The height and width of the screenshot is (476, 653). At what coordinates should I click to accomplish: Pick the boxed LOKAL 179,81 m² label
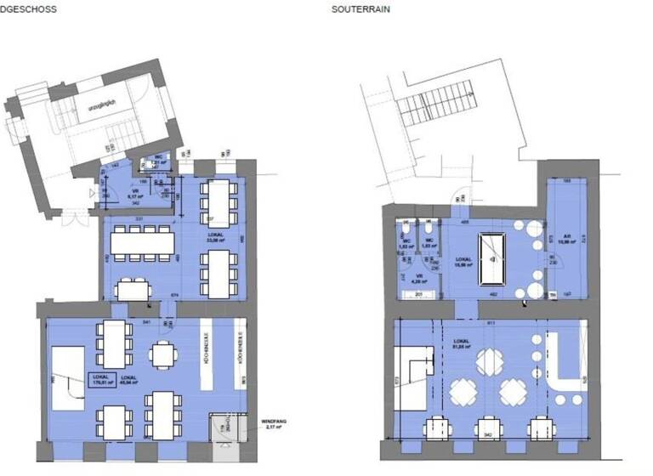coord(103,381)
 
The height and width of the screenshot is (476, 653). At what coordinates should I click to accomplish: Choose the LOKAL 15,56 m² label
coord(463,261)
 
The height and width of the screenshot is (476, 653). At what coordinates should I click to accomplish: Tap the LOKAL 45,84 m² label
coord(131,379)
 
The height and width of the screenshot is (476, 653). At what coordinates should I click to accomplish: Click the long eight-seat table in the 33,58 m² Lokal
coord(142,243)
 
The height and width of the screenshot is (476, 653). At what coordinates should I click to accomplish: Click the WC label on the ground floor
coord(158,157)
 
